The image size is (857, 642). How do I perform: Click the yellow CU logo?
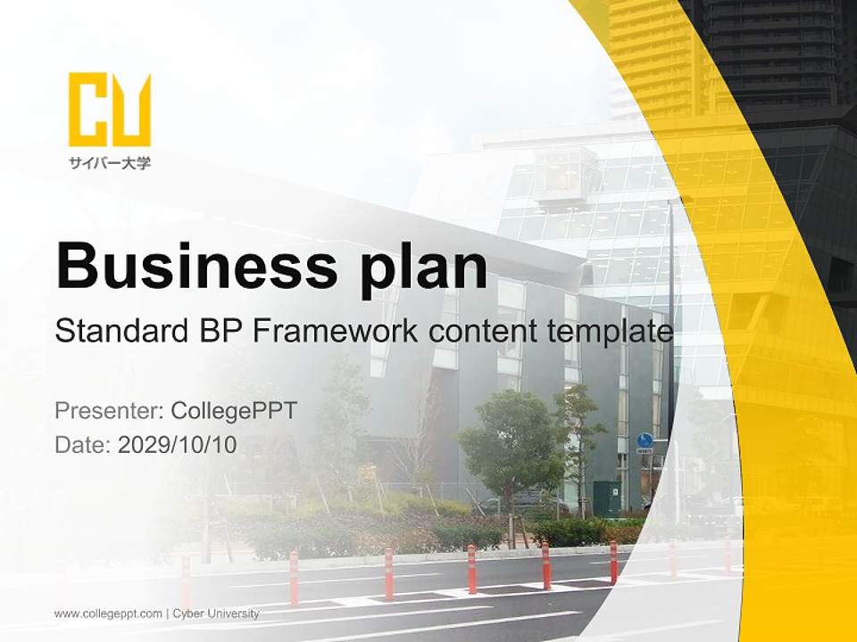tap(109, 109)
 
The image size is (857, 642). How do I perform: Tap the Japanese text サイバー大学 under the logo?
tap(109, 162)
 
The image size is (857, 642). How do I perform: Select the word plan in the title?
tap(423, 268)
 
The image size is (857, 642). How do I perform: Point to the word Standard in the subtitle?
tap(121, 330)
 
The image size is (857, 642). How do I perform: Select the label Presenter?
tap(109, 410)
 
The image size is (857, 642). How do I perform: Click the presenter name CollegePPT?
tap(234, 411)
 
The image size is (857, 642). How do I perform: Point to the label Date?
tap(83, 444)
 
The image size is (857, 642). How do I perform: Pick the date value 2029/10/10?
tap(177, 444)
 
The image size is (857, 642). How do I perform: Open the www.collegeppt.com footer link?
tap(108, 614)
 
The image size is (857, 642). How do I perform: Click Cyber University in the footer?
tap(216, 613)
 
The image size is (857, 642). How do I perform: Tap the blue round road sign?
tap(645, 440)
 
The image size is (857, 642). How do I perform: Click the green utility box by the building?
tap(607, 498)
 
